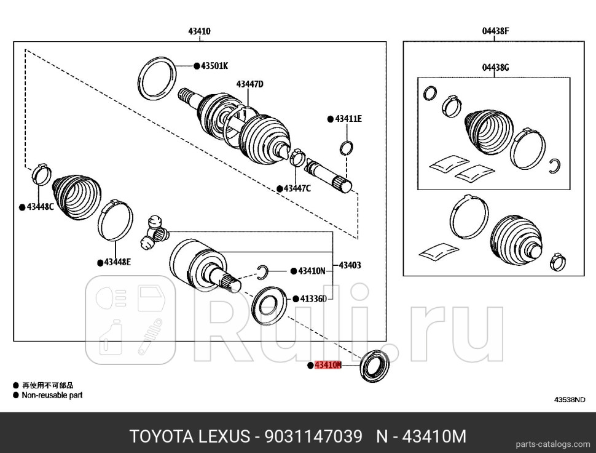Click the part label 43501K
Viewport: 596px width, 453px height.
pyautogui.click(x=214, y=65)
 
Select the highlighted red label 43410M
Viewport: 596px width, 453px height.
pyautogui.click(x=327, y=365)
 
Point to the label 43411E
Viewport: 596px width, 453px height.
pyautogui.click(x=348, y=119)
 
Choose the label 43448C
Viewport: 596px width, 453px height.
pyautogui.click(x=40, y=207)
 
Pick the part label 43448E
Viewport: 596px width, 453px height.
pyautogui.click(x=117, y=262)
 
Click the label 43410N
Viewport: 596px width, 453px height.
pyautogui.click(x=312, y=271)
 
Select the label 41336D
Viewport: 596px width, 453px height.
pyautogui.click(x=313, y=299)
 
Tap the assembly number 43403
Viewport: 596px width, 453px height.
pyautogui.click(x=350, y=266)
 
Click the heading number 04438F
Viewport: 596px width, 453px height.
pyautogui.click(x=495, y=30)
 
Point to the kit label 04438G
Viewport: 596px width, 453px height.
pyautogui.click(x=495, y=68)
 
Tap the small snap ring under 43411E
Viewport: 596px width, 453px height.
pyautogui.click(x=347, y=148)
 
